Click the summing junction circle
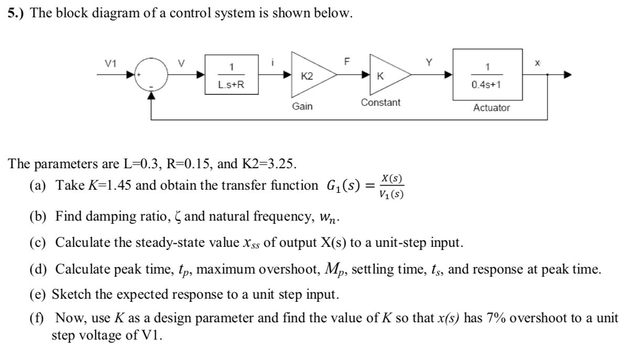151,75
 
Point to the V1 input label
110,64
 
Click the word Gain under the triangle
302,106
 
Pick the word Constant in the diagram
380,103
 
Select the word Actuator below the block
491,107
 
